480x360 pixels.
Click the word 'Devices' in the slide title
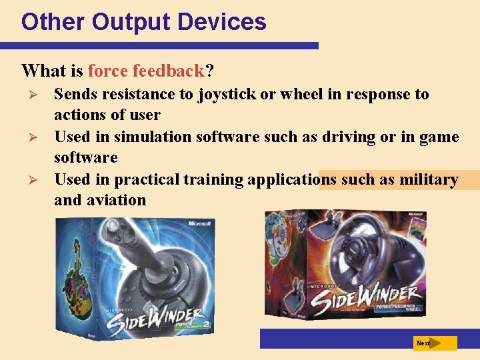coord(223,22)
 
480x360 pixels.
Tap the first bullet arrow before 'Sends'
coord(27,95)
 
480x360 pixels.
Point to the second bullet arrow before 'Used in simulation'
coord(27,137)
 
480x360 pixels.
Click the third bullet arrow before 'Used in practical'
coord(27,180)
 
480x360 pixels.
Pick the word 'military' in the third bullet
coord(429,179)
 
